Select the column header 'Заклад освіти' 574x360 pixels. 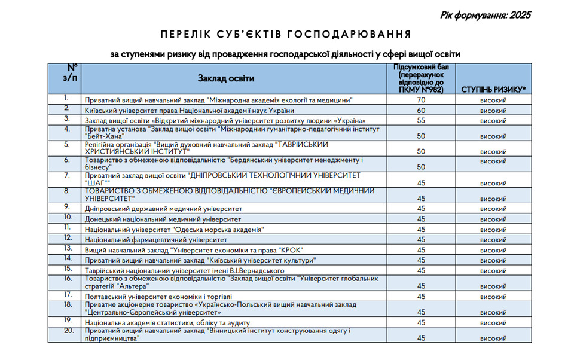pyautogui.click(x=226, y=78)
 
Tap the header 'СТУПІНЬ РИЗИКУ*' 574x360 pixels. pyautogui.click(x=493, y=90)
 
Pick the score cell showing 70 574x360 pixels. pyautogui.click(x=421, y=100)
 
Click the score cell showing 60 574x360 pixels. pyautogui.click(x=421, y=111)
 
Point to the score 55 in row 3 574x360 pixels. pyautogui.click(x=421, y=121)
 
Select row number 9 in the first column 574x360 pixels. pyautogui.click(x=68, y=207)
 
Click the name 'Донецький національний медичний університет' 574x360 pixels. pyautogui.click(x=163, y=219)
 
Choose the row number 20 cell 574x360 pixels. pyautogui.click(x=68, y=331)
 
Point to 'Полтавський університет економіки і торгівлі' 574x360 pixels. pyautogui.click(x=158, y=297)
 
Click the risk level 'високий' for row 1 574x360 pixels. pyautogui.click(x=493, y=100)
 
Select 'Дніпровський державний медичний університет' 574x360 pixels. pyautogui.click(x=163, y=209)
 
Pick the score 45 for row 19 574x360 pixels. pyautogui.click(x=421, y=323)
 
